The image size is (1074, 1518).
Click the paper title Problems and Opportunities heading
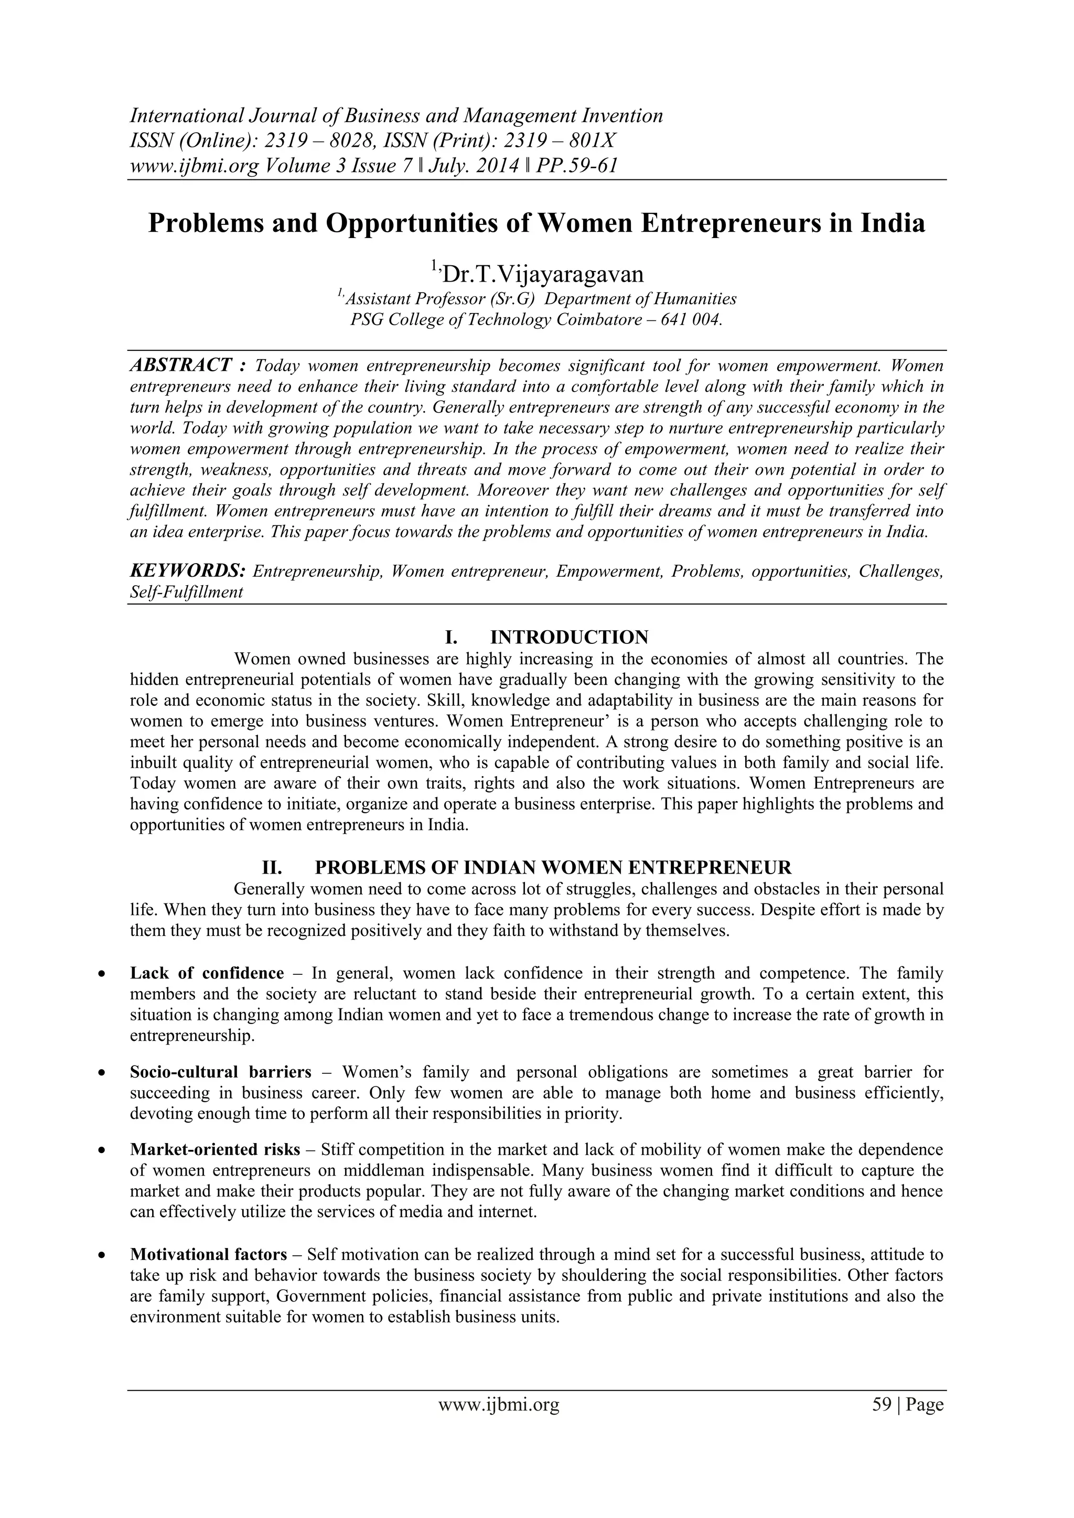pyautogui.click(x=536, y=223)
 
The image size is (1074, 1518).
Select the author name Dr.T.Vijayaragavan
pyautogui.click(x=544, y=273)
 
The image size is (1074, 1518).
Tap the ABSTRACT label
pyautogui.click(x=180, y=365)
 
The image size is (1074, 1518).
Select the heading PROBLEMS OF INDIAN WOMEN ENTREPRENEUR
pyautogui.click(x=553, y=867)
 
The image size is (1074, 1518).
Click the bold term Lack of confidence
pyautogui.click(x=206, y=973)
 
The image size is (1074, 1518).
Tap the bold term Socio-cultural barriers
pyautogui.click(x=220, y=1072)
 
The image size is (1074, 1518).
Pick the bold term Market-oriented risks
pyautogui.click(x=215, y=1149)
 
